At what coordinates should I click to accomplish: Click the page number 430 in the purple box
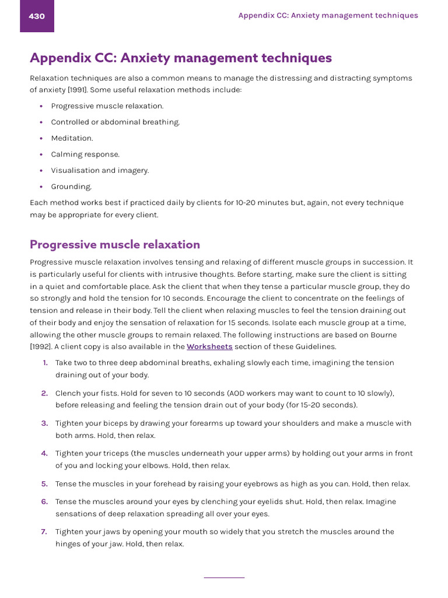coord(37,16)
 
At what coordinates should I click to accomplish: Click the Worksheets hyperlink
coord(209,347)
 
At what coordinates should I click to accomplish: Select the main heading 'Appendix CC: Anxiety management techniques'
coord(181,58)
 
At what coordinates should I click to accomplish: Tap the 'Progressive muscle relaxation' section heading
coord(115,245)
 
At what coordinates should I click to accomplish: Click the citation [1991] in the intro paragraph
coord(78,90)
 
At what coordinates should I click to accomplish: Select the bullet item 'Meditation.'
coord(72,138)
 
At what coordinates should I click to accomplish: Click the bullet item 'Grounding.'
coord(71,187)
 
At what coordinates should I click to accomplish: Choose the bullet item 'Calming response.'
coord(85,155)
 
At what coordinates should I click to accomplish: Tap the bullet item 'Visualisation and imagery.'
coord(100,171)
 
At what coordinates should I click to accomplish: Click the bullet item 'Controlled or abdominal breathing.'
coord(116,122)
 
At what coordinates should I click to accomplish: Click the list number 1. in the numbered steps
coord(45,363)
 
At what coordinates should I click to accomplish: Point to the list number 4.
coord(44,453)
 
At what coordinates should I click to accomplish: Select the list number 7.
coord(44,531)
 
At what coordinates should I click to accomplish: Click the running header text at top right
coord(328,16)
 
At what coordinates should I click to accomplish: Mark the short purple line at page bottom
coord(224,578)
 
